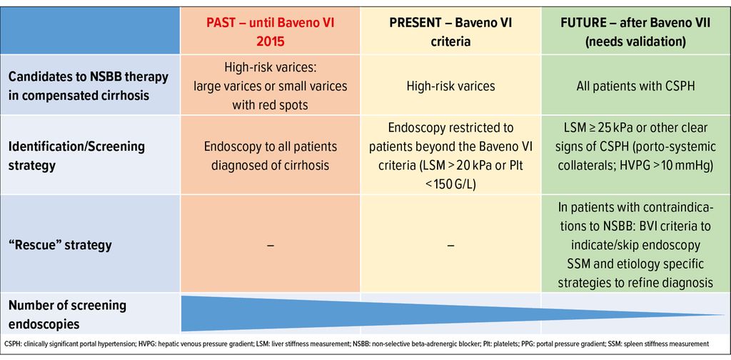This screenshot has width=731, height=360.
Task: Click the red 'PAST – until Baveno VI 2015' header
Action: tap(270, 30)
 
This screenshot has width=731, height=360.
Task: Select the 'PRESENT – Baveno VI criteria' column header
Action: tap(450, 30)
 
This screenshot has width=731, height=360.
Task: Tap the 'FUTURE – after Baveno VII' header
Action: tap(635, 22)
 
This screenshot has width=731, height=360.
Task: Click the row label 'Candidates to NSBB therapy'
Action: tap(89, 76)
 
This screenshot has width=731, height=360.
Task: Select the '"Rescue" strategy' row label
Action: tap(61, 245)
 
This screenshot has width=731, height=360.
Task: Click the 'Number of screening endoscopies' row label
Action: tap(68, 314)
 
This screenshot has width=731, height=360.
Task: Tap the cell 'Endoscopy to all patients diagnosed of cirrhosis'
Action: tap(271, 154)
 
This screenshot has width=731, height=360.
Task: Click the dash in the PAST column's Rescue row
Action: tap(271, 245)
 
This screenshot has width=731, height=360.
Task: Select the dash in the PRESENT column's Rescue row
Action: tap(451, 245)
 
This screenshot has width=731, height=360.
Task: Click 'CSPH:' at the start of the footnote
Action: tap(12, 344)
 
